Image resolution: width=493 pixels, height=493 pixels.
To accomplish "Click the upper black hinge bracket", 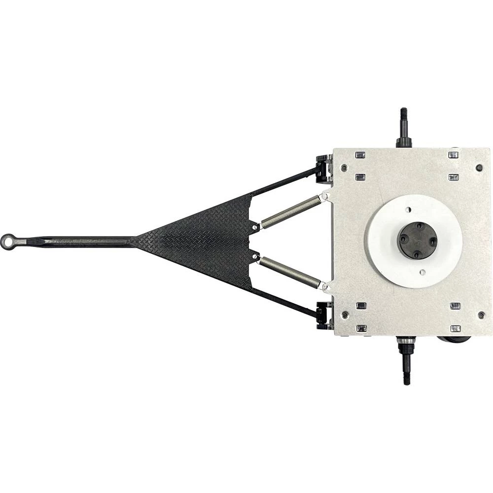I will pos(323,168).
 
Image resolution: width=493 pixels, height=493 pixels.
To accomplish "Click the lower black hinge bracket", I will pos(323,315).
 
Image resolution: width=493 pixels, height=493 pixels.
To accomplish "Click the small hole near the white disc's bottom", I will pos(422,272).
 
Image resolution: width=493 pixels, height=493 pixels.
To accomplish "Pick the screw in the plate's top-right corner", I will pos(479,168).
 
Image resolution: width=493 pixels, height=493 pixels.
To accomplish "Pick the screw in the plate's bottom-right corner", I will pos(481,314).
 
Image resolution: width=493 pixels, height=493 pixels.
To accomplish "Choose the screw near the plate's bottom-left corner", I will pos(345,314).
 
